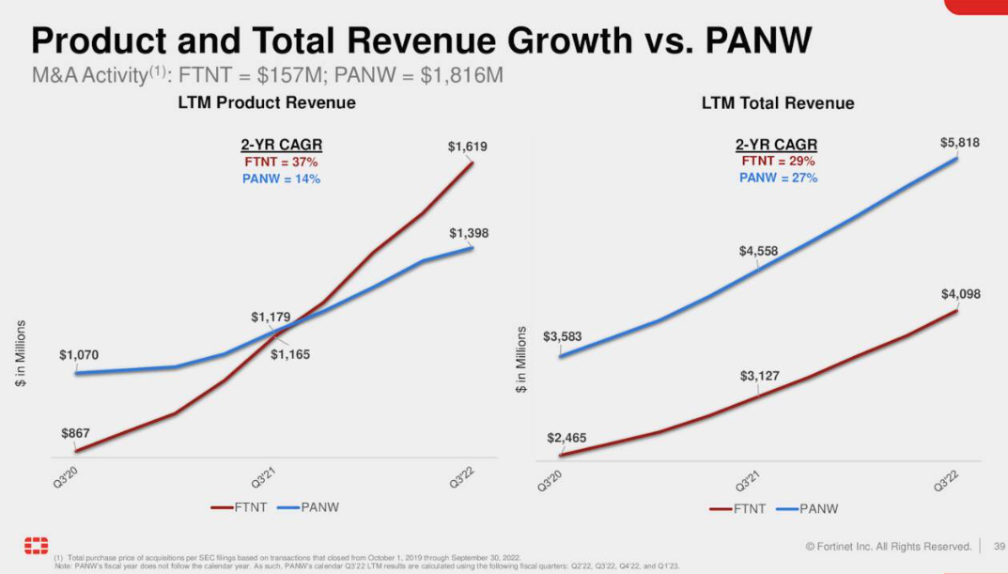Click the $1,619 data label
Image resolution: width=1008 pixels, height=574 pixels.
(467, 147)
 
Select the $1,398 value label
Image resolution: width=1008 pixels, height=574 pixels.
(468, 233)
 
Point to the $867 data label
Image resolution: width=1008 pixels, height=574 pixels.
(76, 433)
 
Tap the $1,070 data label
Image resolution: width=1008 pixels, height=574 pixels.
(79, 355)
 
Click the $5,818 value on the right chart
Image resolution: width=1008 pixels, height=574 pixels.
(959, 142)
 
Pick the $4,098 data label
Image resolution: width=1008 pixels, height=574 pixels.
(960, 294)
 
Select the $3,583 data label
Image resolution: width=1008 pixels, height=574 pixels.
(563, 336)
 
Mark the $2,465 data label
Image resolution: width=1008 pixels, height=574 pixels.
(566, 439)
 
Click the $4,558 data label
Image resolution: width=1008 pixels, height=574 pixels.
(759, 251)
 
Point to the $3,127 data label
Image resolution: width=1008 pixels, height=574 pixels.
(759, 377)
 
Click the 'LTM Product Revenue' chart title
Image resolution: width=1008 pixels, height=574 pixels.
(267, 103)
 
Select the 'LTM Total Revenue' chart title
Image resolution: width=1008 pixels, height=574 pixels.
(778, 103)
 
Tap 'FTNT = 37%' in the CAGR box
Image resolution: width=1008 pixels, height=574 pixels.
(282, 163)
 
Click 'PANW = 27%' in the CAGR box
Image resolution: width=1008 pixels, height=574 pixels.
(778, 178)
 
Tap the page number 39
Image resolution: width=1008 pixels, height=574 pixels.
(1000, 546)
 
